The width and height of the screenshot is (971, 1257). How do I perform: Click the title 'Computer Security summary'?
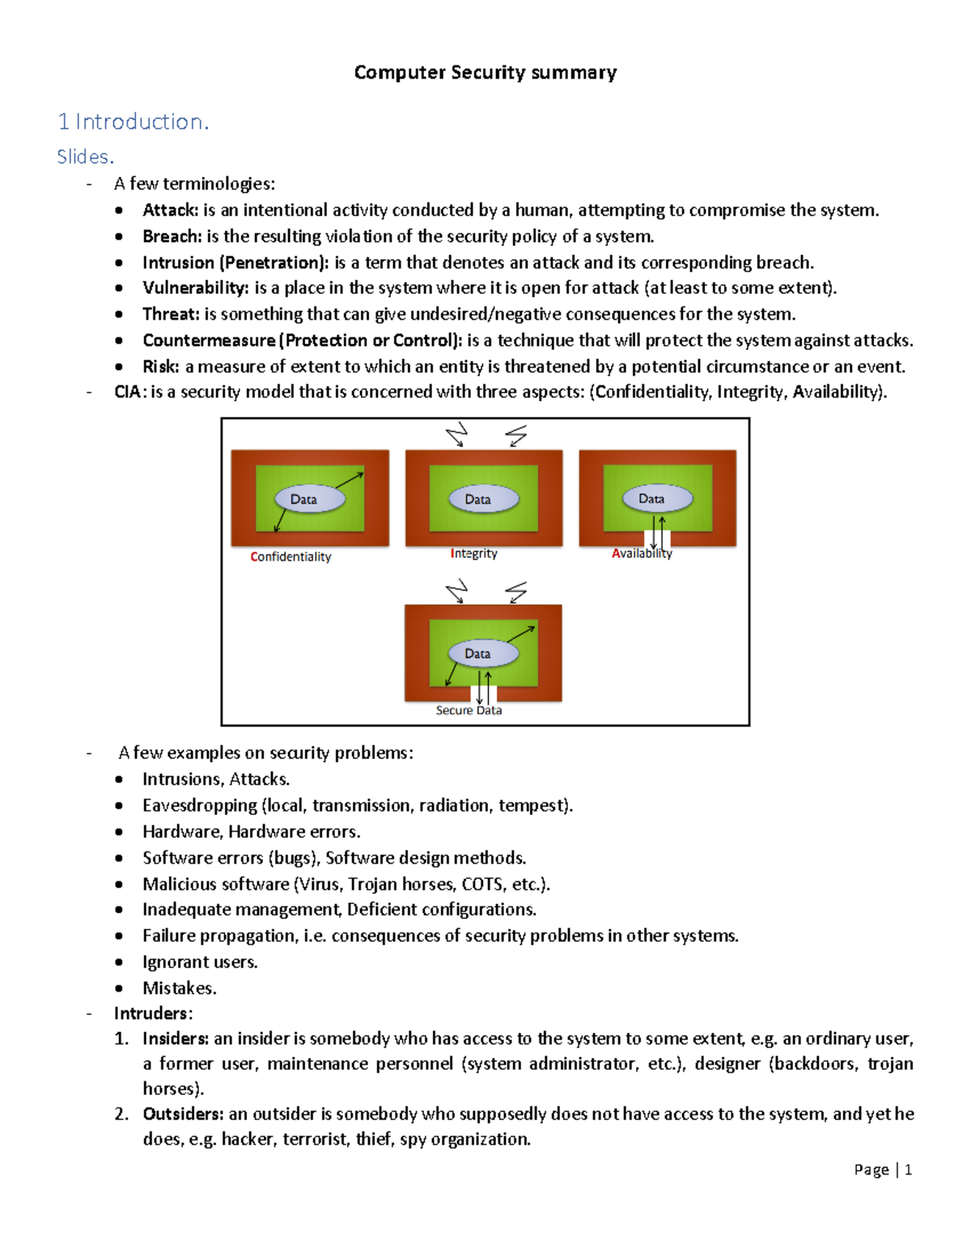(x=485, y=73)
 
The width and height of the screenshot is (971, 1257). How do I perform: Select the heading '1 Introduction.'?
(x=134, y=121)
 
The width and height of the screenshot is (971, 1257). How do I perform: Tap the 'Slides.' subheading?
(x=85, y=157)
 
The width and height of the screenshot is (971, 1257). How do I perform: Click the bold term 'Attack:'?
(x=170, y=210)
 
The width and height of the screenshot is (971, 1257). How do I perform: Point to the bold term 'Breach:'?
(x=172, y=236)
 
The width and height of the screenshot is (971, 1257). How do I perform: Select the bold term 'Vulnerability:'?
(x=195, y=288)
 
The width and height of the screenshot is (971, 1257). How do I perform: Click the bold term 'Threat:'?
(x=170, y=314)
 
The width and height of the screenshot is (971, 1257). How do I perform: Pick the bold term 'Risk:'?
(x=160, y=367)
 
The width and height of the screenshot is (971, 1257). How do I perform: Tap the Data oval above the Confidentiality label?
(x=304, y=499)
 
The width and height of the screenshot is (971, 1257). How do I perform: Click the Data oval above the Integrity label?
(x=478, y=499)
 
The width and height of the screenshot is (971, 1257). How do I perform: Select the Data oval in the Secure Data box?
(x=477, y=653)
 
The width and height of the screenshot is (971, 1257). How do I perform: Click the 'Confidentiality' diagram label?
(x=290, y=557)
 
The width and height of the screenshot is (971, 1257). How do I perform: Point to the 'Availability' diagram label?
(x=642, y=554)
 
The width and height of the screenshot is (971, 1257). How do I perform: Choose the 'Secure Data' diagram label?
(x=469, y=710)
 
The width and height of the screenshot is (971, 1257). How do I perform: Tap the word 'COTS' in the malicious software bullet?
(x=482, y=884)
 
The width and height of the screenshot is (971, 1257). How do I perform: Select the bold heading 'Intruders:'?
(x=153, y=1013)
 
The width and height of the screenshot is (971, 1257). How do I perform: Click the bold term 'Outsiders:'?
(x=183, y=1114)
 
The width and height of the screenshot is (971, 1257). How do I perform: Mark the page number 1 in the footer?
(x=909, y=1170)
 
